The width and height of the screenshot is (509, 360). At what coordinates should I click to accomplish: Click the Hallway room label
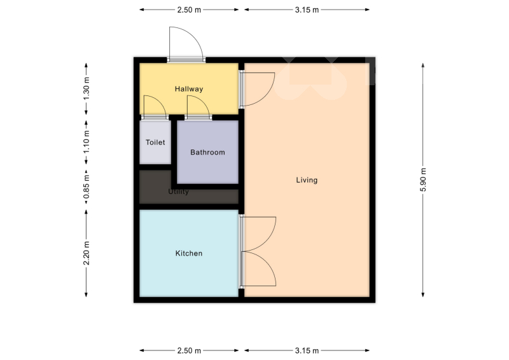[x=189, y=89]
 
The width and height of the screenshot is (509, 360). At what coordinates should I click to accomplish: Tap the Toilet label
[x=155, y=142]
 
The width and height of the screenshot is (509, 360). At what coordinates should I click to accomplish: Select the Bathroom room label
[x=207, y=152]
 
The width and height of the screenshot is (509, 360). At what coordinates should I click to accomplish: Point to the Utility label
[x=178, y=191]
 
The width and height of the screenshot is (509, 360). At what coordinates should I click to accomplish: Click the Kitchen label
[x=189, y=253]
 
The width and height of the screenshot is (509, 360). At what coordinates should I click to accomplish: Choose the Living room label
[x=307, y=180]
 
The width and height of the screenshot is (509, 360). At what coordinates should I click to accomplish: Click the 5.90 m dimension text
[x=423, y=180]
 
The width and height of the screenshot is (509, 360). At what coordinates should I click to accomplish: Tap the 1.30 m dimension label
[x=87, y=89]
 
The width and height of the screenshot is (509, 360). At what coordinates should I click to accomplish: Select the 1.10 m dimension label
[x=87, y=142]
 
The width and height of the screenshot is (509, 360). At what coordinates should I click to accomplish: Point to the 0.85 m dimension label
[x=87, y=187]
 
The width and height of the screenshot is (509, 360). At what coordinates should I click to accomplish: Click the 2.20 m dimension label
[x=87, y=253]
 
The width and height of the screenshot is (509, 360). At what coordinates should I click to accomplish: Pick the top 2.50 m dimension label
[x=189, y=10]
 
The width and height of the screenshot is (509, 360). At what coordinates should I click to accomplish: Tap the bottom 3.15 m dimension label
[x=307, y=350]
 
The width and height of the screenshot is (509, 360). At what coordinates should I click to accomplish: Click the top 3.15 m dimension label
[x=307, y=10]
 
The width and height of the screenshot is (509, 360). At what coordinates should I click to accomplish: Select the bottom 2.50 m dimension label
[x=189, y=350]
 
